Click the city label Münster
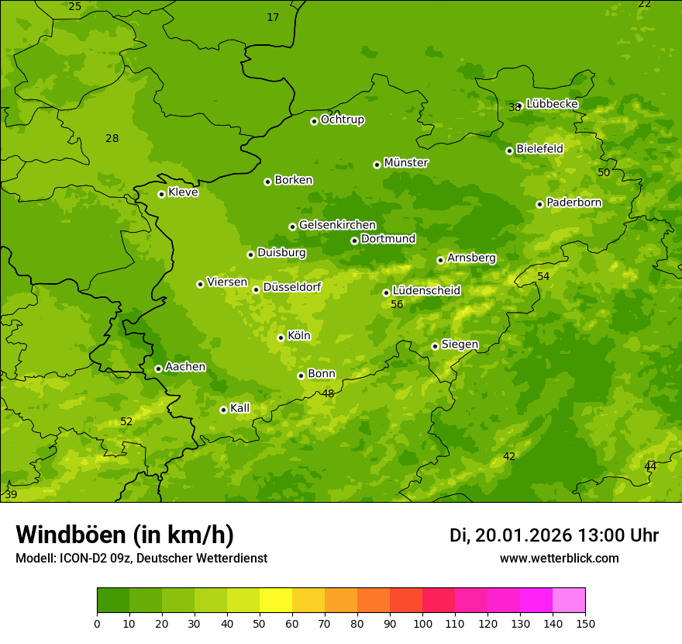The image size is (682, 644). (x=406, y=163)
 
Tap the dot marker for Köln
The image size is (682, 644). (x=281, y=338)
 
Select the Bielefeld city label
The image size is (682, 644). (x=539, y=149)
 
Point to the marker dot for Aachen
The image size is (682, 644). (x=158, y=369)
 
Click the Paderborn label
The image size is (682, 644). (x=573, y=203)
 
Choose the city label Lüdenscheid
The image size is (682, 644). (x=426, y=291)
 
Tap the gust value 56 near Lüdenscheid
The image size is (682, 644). (x=397, y=305)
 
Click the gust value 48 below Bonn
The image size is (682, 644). (x=328, y=394)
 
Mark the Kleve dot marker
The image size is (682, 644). (x=161, y=194)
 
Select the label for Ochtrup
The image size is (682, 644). (x=342, y=120)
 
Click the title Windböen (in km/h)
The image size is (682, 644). (x=125, y=535)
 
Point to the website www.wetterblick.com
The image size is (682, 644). (x=559, y=559)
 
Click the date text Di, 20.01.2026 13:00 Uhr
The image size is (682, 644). (x=554, y=535)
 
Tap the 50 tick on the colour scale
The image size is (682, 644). (x=260, y=624)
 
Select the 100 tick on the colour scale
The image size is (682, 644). (x=422, y=624)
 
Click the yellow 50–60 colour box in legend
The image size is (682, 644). (x=276, y=601)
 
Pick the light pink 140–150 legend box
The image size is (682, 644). (x=569, y=601)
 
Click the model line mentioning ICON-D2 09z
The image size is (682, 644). (x=141, y=559)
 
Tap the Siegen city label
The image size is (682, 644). (x=460, y=345)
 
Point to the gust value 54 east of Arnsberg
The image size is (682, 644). (x=543, y=277)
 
